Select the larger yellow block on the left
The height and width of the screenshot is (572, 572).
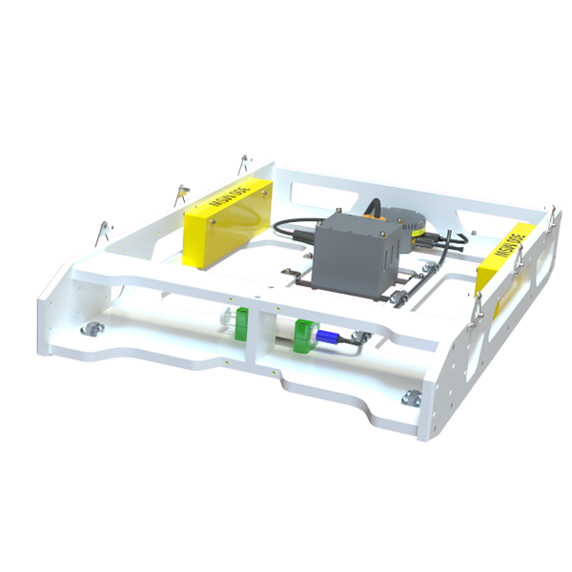(225, 217)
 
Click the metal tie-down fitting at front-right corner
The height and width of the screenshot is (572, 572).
(412, 397)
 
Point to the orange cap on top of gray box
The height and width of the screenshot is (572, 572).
(371, 218)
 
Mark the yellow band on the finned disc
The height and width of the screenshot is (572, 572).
(419, 232)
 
